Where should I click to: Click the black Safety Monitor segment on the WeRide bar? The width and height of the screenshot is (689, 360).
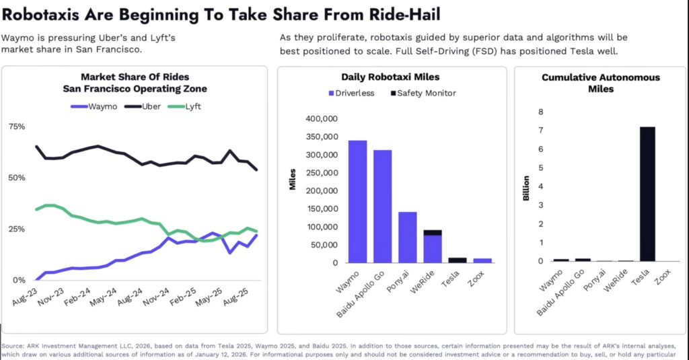(433, 233)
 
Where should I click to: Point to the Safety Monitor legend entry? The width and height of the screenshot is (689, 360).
(421, 93)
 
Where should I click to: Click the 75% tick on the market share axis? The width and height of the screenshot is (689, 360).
(16, 127)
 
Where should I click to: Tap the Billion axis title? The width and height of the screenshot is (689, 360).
(526, 190)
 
